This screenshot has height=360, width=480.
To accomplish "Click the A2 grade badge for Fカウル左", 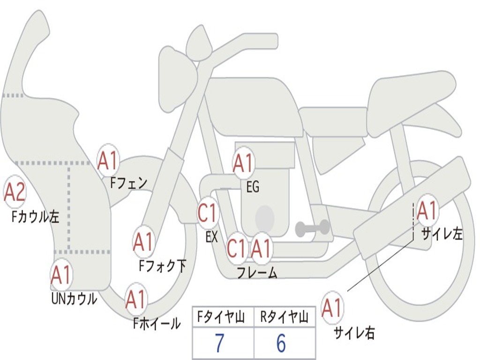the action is pos(15,192).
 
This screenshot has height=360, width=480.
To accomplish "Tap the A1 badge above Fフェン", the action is pos(108,161).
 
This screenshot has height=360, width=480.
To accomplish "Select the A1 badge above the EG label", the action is pos(244,163).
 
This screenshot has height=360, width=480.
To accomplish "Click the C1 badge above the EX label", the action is pos(208,213).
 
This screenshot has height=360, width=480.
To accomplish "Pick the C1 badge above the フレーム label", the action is pos(236,248).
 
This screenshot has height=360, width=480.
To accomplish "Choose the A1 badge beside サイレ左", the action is pos(427,210).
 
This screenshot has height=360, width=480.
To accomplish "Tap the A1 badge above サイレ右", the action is pos(332,308).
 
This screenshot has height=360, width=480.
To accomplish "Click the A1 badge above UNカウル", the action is pos(61,275).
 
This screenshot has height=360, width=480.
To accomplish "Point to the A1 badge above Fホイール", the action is pos(136,300).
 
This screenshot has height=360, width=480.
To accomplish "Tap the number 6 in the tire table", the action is pos(281,344).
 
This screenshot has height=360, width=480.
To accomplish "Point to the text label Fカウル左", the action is pos(36,217).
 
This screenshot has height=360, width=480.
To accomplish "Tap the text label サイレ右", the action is pos(354,333).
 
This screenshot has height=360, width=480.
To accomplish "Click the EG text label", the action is pos(253,187).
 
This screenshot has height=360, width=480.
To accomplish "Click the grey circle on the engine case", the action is pos(265,217).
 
